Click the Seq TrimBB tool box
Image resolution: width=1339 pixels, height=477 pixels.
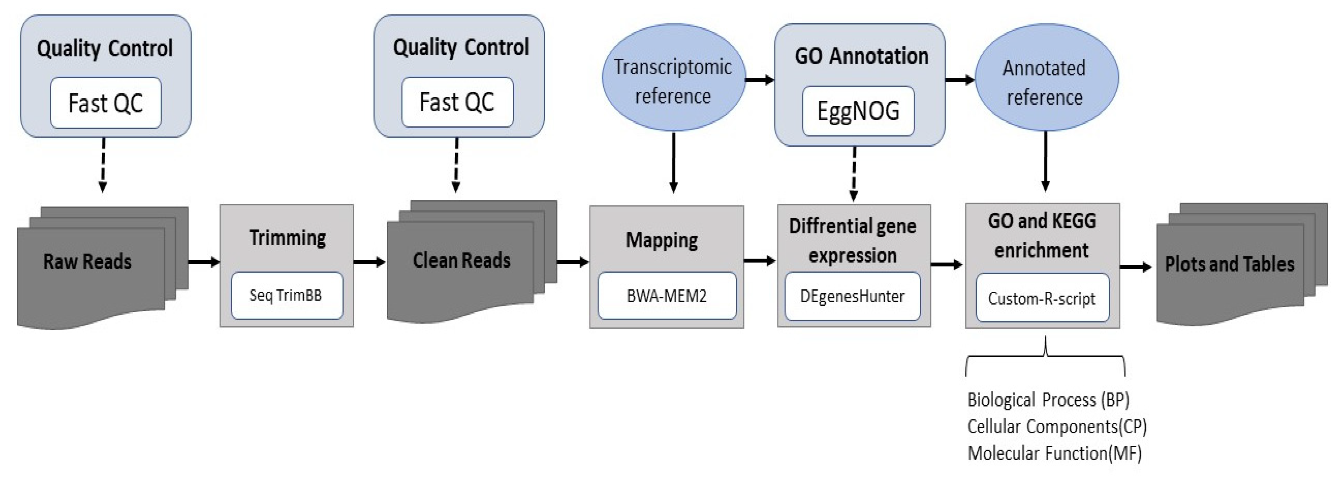(x=286, y=296)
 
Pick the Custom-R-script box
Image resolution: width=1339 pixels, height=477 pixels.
(x=1042, y=298)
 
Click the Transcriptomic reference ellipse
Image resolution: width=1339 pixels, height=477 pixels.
(x=673, y=78)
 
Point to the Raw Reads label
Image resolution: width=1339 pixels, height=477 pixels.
(x=87, y=261)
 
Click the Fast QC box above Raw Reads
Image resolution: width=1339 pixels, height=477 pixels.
(x=106, y=103)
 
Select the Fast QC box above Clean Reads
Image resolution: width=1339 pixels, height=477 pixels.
(x=457, y=102)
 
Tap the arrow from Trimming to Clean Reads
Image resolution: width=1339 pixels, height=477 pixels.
(x=369, y=262)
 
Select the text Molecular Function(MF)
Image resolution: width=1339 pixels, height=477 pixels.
(x=1054, y=453)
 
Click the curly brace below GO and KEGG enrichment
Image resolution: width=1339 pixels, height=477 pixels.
(x=1045, y=356)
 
